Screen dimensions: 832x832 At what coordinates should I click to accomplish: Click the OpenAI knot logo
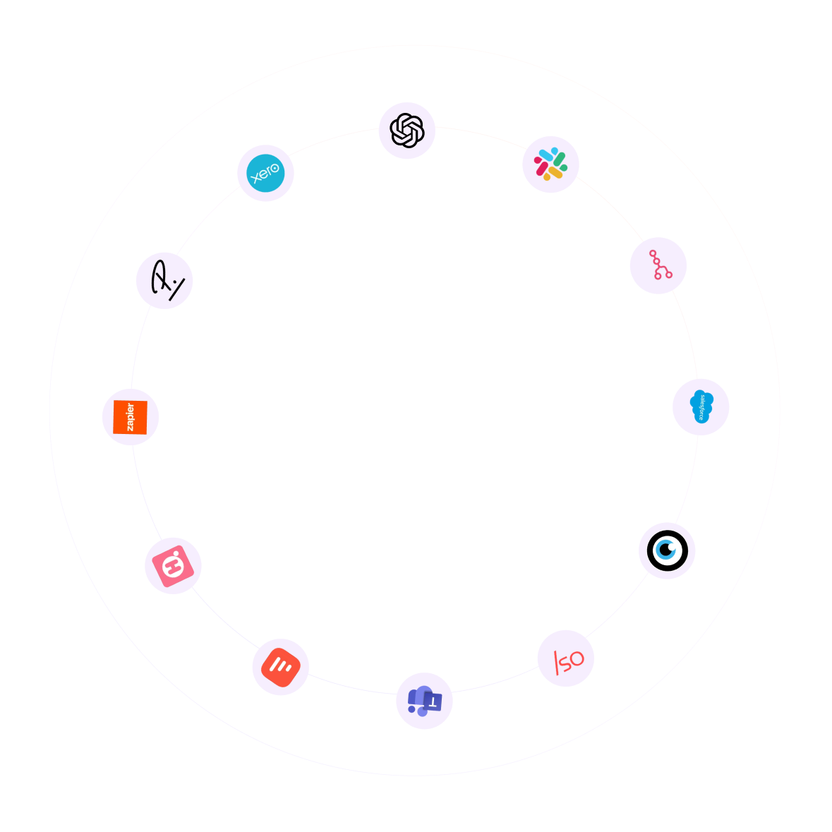click(407, 131)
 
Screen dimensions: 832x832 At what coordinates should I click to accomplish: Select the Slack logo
click(550, 164)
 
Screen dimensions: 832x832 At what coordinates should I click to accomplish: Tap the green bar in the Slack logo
click(560, 160)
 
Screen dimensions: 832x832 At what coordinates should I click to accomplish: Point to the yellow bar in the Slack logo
click(555, 173)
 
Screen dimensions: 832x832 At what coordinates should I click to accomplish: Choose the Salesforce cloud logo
click(701, 406)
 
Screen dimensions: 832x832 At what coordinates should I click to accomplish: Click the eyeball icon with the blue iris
click(667, 550)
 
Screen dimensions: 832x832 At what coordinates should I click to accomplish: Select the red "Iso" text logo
click(567, 659)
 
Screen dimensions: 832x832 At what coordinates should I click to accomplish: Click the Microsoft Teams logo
click(424, 701)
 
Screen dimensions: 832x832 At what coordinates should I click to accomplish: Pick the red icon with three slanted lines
click(280, 667)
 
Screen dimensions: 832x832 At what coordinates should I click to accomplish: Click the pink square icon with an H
click(173, 565)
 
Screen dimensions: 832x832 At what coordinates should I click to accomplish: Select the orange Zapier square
click(131, 417)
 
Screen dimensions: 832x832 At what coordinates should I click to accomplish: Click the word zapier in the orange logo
click(131, 417)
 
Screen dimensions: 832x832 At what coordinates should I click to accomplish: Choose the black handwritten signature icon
click(165, 280)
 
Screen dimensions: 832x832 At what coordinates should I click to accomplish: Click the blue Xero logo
click(265, 173)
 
